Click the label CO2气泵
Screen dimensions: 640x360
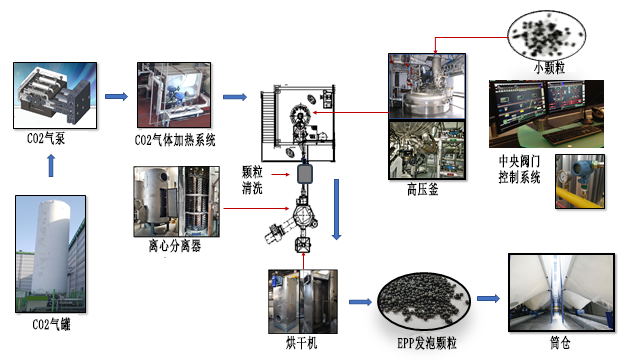[x=46, y=138]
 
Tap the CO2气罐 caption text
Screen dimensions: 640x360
[x=51, y=324]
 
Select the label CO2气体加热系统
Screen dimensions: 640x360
[x=175, y=140]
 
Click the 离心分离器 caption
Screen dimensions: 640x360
[x=175, y=246]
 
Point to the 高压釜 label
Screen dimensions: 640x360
[x=422, y=189]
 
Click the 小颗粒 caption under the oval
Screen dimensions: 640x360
[x=549, y=67]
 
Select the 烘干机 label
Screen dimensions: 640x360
[x=301, y=343]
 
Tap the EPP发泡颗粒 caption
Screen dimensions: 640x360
[x=427, y=343]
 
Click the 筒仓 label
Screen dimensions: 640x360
[x=560, y=342]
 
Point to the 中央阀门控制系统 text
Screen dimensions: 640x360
[x=519, y=169]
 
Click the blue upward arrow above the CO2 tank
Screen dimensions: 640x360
[x=51, y=166]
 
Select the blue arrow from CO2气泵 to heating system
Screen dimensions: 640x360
[x=116, y=97]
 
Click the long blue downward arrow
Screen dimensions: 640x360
[x=336, y=209]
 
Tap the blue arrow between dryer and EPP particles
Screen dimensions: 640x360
[x=360, y=302]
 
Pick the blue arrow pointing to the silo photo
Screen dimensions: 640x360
[x=489, y=298]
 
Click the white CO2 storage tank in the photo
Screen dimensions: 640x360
[x=51, y=247]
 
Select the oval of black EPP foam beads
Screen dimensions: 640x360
[x=424, y=301]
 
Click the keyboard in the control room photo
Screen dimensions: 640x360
[x=573, y=134]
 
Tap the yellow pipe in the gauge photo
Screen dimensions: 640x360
[x=579, y=197]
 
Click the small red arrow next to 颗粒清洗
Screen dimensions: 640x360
[x=281, y=175]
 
